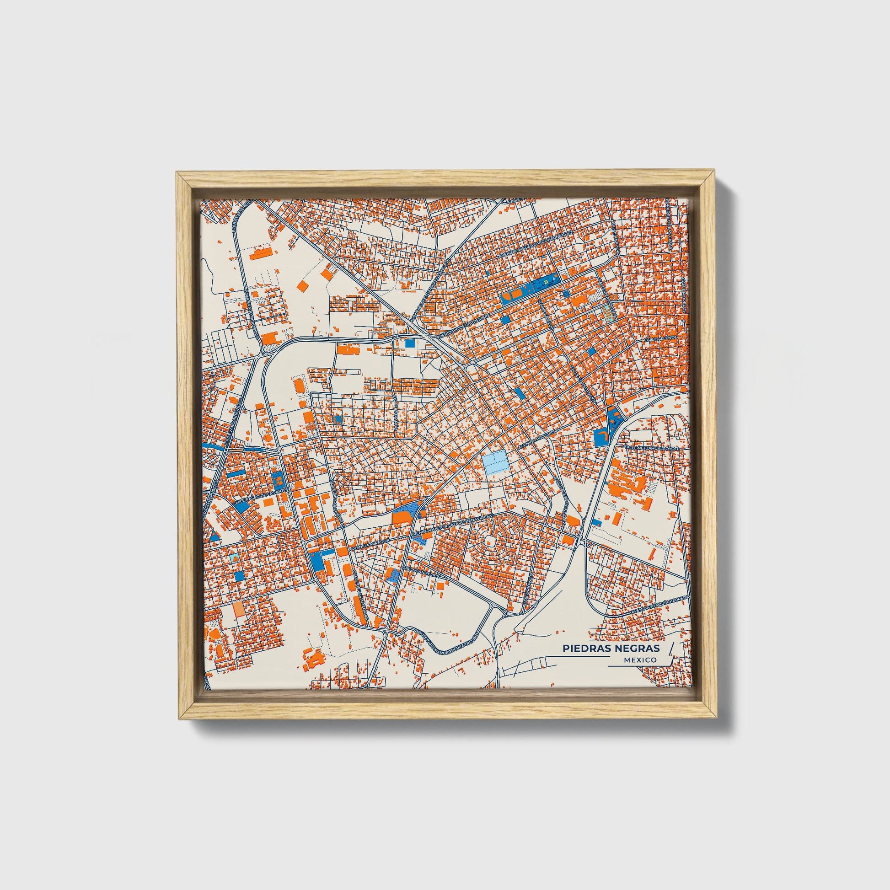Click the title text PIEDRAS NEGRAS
click(611, 648)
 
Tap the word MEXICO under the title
click(641, 660)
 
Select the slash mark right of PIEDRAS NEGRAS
click(670, 648)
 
